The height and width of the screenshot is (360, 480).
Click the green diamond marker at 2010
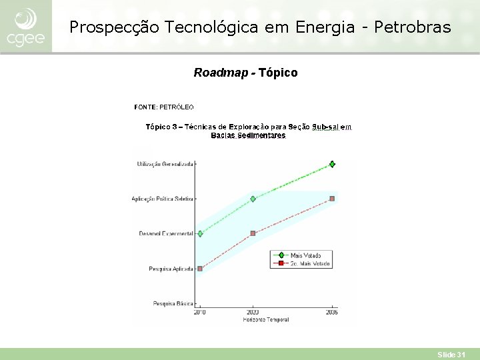point(200,233)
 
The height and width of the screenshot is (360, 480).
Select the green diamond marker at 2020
point(253,199)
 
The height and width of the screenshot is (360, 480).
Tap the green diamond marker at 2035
point(332,164)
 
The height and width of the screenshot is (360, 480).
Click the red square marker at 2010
point(200,269)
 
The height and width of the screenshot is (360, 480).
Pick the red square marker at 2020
point(253,233)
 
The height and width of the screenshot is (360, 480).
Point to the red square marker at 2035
point(332,199)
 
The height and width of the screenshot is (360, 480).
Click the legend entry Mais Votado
point(305,255)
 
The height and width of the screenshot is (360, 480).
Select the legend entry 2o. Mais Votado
point(309,263)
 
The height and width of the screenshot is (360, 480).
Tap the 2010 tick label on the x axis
point(200,312)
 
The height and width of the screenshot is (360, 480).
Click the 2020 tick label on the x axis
point(253,312)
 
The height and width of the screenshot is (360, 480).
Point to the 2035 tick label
point(331,312)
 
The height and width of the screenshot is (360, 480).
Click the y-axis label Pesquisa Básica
point(173,303)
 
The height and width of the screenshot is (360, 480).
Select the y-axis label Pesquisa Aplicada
point(171,269)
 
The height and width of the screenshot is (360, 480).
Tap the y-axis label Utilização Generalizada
point(165,164)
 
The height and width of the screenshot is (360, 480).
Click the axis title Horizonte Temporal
point(265,319)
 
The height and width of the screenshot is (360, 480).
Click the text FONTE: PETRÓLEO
point(163,107)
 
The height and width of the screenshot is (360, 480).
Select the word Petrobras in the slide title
point(413,27)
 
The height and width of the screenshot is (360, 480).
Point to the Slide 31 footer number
point(451,355)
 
